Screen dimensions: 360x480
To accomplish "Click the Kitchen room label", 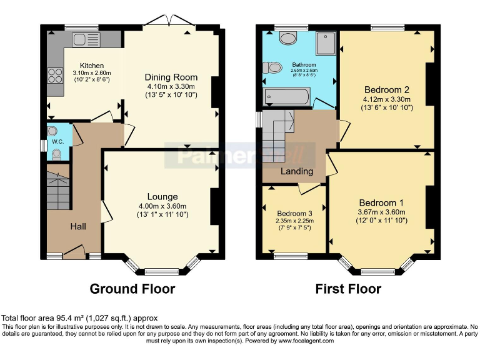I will [91, 66].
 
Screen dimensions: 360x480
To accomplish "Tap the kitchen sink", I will [81, 40].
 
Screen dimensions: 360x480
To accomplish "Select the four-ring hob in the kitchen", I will [55, 75].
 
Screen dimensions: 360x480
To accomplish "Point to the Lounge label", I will [162, 197].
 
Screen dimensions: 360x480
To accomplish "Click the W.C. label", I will [58, 142].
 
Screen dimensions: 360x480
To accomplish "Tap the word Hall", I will [77, 226].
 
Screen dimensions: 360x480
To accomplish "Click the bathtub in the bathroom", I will [287, 96].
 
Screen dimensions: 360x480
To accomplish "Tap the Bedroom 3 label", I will [293, 212].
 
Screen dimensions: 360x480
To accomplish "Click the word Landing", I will [297, 171].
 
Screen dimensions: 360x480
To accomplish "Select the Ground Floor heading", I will [132, 289].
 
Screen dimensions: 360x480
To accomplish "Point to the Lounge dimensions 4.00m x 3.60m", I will [162, 207].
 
